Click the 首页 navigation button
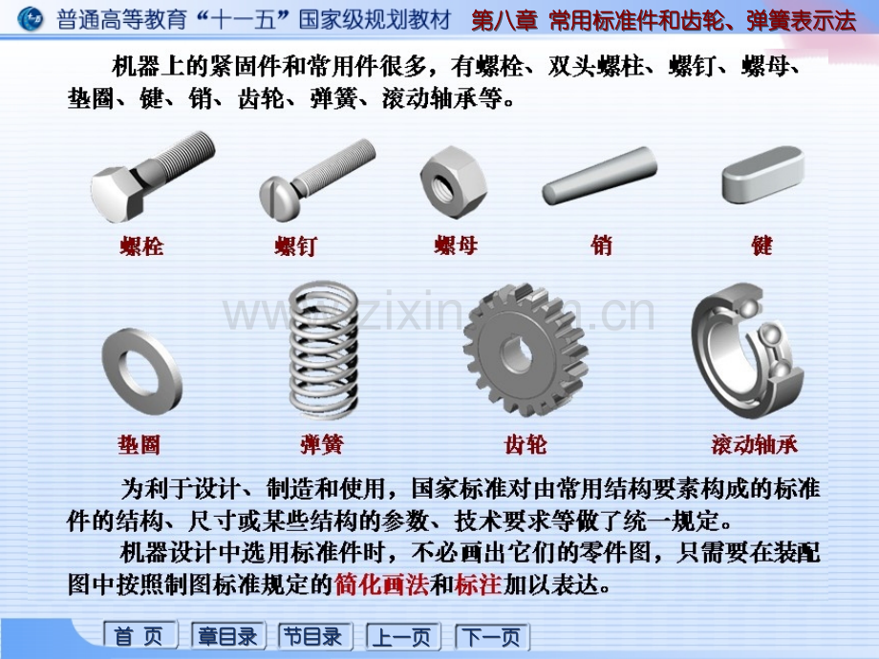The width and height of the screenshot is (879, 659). [140, 635]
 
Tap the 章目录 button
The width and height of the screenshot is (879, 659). [227, 635]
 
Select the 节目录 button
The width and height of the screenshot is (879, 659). [315, 635]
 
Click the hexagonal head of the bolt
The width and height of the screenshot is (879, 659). [118, 194]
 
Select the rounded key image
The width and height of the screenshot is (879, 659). [763, 174]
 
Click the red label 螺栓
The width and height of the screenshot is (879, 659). [141, 245]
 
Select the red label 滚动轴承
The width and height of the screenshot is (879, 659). [754, 444]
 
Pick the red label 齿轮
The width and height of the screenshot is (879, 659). [525, 444]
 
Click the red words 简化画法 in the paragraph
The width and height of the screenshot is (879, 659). [381, 585]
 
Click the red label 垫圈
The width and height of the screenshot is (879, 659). [139, 444]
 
